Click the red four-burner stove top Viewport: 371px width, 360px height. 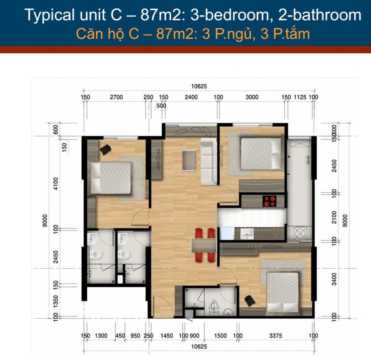pos(269,201)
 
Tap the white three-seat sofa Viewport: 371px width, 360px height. pos(209,161)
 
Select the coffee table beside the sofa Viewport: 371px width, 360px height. pos(189,160)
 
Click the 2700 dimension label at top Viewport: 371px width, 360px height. pos(116,97)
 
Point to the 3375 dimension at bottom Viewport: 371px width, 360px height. pos(276,336)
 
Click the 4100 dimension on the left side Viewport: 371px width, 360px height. pos(56,184)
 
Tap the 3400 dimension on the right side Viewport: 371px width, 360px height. pos(334,279)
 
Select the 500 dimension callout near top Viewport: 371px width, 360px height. pos(162,106)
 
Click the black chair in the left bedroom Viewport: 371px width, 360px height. pos(105,150)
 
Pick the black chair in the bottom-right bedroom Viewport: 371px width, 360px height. pos(250,301)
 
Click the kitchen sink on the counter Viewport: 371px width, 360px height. pos(247,234)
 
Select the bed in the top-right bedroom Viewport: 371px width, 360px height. pos(261,154)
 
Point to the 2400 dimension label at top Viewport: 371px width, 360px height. pos(191,97)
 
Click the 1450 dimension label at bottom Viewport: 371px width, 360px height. pos(167,336)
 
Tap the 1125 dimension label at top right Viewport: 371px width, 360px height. pos(300,97)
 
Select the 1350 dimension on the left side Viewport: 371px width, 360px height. pos(56,301)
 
